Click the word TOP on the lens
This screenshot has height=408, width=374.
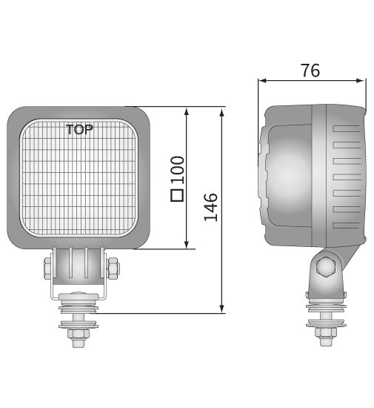[79, 129]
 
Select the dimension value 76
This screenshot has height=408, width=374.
[310, 70]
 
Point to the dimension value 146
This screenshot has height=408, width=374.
[211, 208]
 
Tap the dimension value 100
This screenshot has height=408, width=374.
[177, 170]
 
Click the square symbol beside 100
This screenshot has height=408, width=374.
[177, 196]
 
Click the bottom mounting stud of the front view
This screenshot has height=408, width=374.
[78, 334]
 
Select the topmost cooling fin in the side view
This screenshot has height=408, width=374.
[347, 128]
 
